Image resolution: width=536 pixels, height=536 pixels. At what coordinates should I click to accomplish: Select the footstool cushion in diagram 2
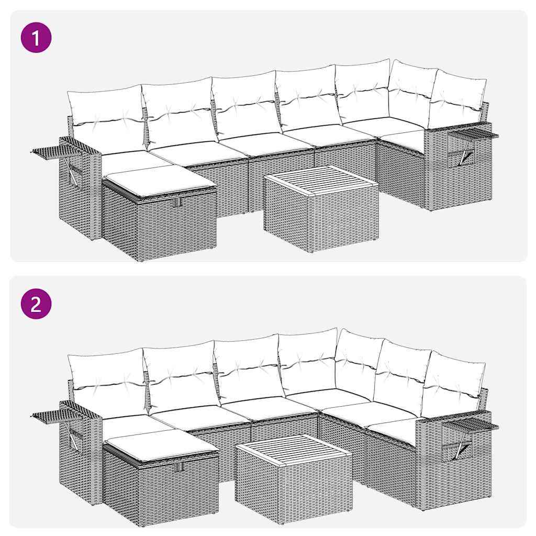tap(159, 443)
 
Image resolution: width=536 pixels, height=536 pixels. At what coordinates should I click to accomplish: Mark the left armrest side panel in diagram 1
tap(79, 188)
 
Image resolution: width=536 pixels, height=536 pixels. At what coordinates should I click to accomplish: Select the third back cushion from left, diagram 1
tap(245, 105)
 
